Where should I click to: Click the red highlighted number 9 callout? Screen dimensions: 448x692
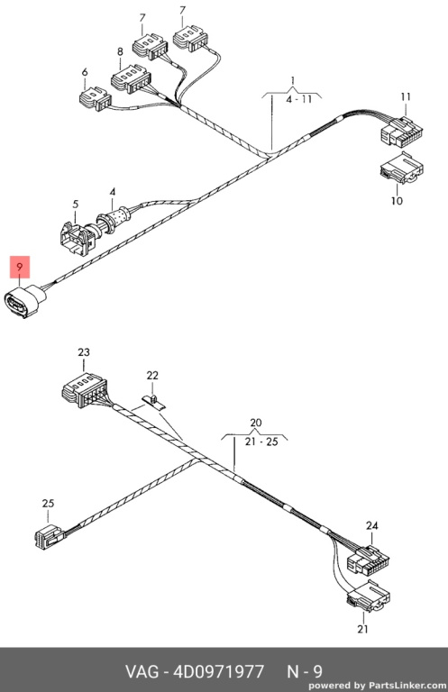pyautogui.click(x=20, y=267)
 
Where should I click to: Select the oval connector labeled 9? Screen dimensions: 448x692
pyautogui.click(x=23, y=302)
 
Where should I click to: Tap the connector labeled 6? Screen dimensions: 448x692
pyautogui.click(x=95, y=99)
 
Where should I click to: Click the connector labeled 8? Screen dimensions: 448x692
pyautogui.click(x=129, y=78)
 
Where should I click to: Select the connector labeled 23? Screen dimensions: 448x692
pyautogui.click(x=85, y=389)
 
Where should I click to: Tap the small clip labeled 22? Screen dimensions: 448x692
pyautogui.click(x=153, y=402)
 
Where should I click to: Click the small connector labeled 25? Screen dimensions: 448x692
pyautogui.click(x=50, y=536)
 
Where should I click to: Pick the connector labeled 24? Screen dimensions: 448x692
pyautogui.click(x=369, y=560)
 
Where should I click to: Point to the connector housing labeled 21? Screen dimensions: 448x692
pyautogui.click(x=369, y=596)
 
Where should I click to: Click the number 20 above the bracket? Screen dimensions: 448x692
pyautogui.click(x=256, y=423)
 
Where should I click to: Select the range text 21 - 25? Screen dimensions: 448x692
pyautogui.click(x=261, y=442)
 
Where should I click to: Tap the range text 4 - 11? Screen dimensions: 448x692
pyautogui.click(x=298, y=99)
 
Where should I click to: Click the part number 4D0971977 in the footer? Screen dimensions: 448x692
pyautogui.click(x=219, y=671)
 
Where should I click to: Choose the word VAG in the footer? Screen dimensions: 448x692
pyautogui.click(x=142, y=671)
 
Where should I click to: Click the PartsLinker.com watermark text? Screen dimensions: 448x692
pyautogui.click(x=407, y=686)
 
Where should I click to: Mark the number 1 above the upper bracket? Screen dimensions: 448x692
pyautogui.click(x=292, y=80)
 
